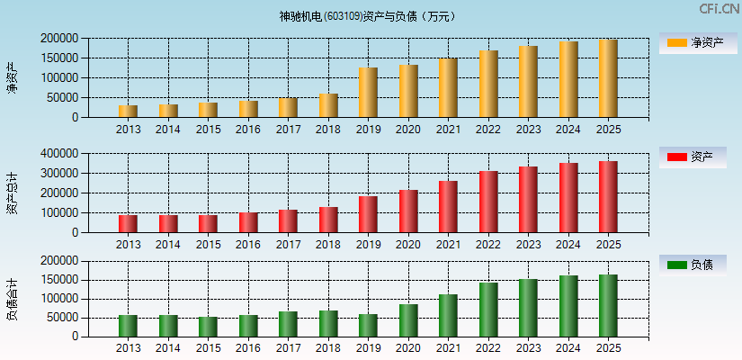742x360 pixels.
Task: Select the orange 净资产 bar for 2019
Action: [x=368, y=93]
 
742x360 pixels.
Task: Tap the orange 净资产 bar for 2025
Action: [x=608, y=78]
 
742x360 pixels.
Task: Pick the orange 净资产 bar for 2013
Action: [x=128, y=112]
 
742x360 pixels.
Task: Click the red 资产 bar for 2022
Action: [x=488, y=202]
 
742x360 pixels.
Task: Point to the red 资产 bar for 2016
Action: [x=248, y=222]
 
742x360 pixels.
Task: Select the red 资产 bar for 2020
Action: [x=408, y=211]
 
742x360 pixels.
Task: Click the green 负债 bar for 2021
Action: [x=448, y=316]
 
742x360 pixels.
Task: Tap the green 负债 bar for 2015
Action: [x=208, y=327]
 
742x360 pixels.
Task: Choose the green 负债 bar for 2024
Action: [x=568, y=306]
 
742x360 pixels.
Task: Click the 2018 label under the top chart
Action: [x=328, y=130]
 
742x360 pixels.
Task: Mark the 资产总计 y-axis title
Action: [x=13, y=193]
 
